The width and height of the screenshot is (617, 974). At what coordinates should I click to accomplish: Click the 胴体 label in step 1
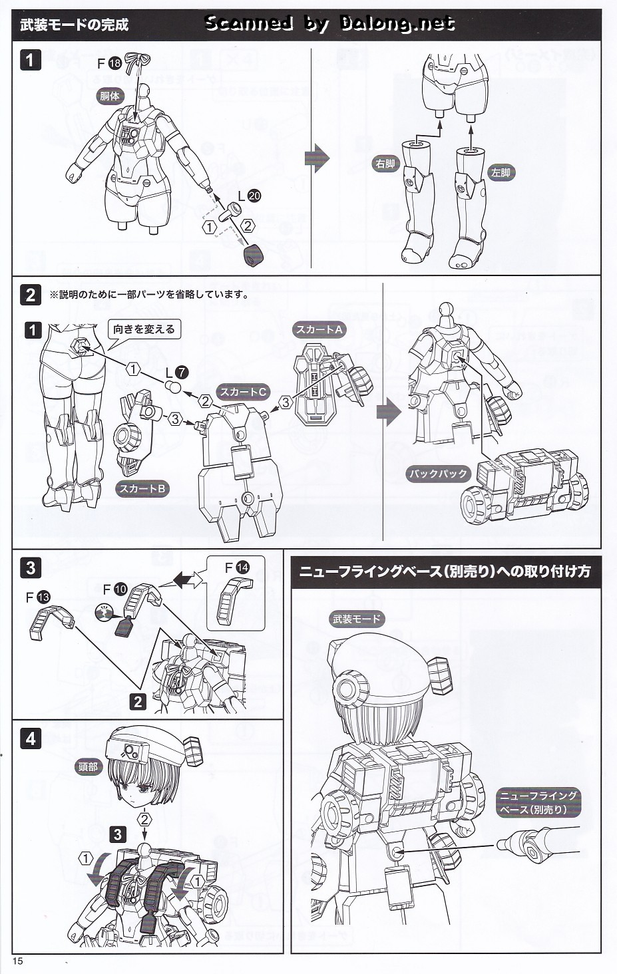pos(110,96)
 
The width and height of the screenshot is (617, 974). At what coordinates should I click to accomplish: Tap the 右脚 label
pos(385,163)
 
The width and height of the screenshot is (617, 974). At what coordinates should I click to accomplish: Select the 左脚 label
pos(501,173)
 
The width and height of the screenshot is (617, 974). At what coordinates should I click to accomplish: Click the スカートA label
pos(319,329)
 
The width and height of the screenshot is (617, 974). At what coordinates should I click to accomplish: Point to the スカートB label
pos(142,489)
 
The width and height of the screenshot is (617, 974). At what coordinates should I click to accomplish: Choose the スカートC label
pos(243,392)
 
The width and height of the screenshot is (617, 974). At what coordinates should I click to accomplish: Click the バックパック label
pos(438,474)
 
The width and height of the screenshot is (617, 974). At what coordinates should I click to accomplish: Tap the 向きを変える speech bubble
pos(144,329)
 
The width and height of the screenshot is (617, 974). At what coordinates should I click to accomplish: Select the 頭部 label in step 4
pos(88,767)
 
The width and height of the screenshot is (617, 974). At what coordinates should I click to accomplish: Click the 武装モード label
pos(357,619)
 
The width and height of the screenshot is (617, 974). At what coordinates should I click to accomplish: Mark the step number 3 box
pos(31,568)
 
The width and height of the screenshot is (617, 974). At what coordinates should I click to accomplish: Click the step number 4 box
pos(31,738)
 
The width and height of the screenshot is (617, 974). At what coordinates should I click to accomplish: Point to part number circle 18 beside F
pos(114,63)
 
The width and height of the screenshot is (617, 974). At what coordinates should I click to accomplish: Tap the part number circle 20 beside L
pos(254,196)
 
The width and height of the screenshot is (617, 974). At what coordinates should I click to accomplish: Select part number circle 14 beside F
pos(242,568)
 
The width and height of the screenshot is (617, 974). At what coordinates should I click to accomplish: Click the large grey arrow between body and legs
pos(317,158)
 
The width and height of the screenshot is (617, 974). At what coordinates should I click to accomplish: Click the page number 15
pos(17,961)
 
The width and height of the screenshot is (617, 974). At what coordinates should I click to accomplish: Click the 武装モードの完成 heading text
pos(74,25)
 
